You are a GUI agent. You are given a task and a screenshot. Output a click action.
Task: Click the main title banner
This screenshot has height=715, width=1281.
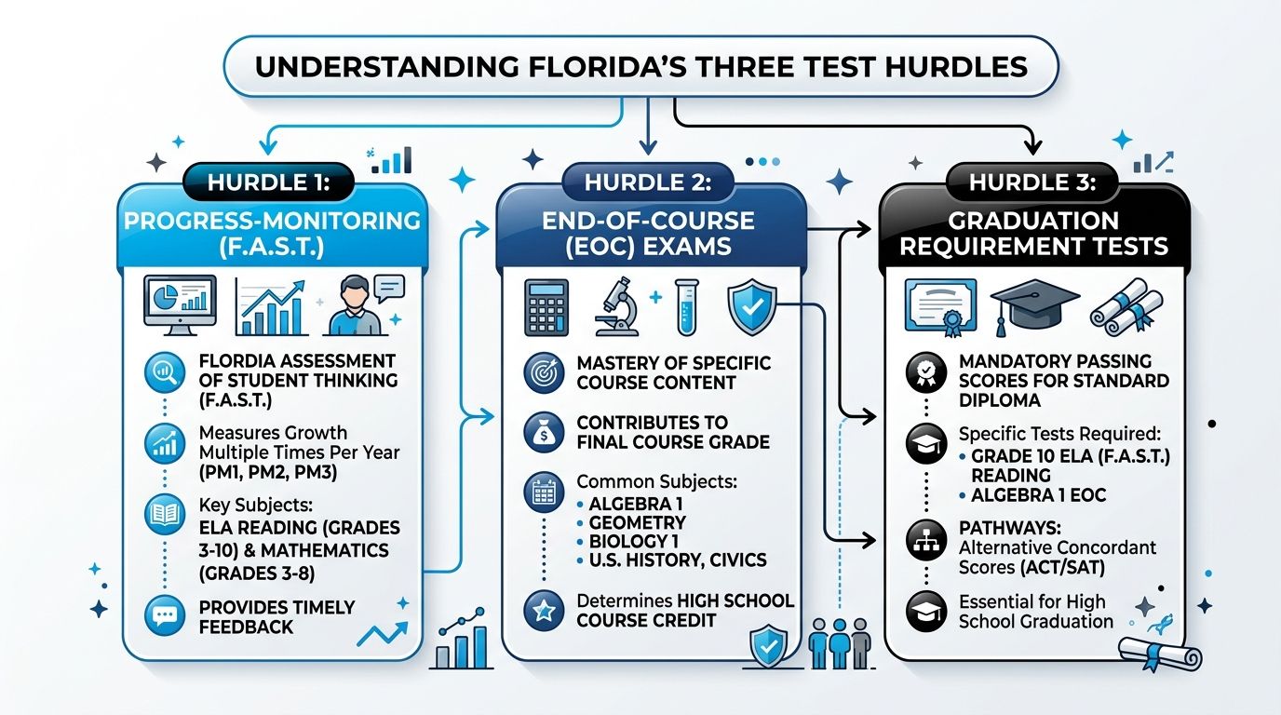[640, 66]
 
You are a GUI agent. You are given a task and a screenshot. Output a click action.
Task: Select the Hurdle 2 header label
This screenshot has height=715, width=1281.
[648, 182]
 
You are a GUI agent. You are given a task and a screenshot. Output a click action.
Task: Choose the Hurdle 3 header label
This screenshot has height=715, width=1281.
[1032, 182]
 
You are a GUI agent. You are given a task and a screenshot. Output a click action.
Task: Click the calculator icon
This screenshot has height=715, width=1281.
[547, 308]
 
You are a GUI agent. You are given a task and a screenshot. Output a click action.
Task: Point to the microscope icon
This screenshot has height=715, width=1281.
[615, 308]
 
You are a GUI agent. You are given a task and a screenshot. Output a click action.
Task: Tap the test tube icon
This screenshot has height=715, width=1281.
[686, 308]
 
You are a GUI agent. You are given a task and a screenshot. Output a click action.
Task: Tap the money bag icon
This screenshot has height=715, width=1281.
[544, 431]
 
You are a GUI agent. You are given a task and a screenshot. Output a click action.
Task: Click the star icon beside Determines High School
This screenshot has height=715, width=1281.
[544, 611]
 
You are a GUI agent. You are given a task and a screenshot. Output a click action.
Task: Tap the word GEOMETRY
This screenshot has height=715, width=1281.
[637, 522]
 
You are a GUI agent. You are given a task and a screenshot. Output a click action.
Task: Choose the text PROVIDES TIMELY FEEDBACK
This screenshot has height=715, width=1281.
[276, 617]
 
